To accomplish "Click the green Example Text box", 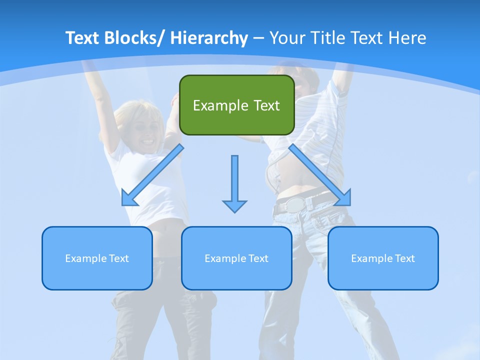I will [x=236, y=105].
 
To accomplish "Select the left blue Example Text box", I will [x=97, y=258].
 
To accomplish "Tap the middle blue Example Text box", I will [x=236, y=258].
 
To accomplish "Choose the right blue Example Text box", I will [x=383, y=258].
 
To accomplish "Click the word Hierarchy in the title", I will [x=209, y=38].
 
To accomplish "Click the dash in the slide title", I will [x=259, y=38].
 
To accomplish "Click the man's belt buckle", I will [x=294, y=203].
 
